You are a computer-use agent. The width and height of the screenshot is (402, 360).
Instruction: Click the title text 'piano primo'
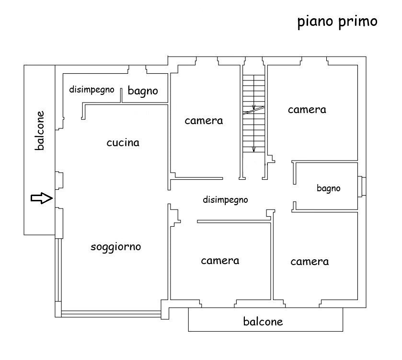tap(337, 22)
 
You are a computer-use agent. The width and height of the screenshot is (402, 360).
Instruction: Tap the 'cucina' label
tap(123, 142)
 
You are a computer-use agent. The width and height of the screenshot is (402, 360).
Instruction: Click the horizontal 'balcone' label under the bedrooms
tap(263, 321)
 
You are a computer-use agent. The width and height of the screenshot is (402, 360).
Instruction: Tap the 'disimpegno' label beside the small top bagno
tap(92, 89)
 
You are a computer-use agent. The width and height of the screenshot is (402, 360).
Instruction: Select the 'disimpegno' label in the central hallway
tap(225, 200)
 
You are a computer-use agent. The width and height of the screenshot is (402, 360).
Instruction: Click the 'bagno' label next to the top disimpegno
tap(143, 91)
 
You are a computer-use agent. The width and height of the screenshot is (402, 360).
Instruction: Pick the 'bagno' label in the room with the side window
tap(328, 188)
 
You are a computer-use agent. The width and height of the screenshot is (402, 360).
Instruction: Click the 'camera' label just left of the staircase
tap(204, 120)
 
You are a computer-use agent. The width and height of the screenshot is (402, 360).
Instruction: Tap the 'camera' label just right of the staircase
tap(307, 109)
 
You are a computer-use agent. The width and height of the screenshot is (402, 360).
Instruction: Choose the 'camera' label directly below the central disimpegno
tap(220, 261)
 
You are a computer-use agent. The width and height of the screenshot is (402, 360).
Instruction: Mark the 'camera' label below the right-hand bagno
tap(310, 261)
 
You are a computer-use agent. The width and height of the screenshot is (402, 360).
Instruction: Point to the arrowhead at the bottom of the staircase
tap(254, 149)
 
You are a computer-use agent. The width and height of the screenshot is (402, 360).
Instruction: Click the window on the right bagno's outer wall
tap(363, 186)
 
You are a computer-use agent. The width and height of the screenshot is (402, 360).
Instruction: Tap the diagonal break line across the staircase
tap(253, 110)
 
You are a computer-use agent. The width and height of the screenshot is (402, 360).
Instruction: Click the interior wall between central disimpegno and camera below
tap(234, 221)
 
